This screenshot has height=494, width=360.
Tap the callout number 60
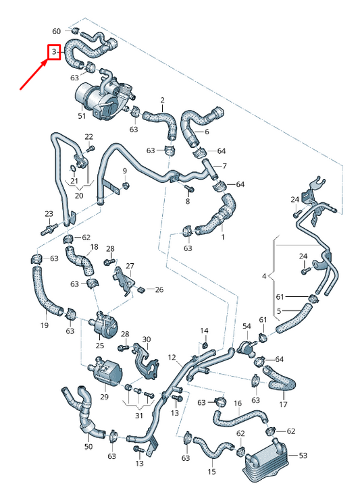pos(56,31)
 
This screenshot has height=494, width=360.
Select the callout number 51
pos(82,116)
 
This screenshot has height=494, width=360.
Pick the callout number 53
pos(303,456)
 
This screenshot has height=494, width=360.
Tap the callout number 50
pos(88,447)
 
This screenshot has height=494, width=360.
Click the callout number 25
pos(99,346)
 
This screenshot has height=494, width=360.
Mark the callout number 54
pos(247,326)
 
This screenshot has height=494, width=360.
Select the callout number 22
pos(88,137)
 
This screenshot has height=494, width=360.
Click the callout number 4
pos(264,276)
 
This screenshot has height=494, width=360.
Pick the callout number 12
pos(172,357)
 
